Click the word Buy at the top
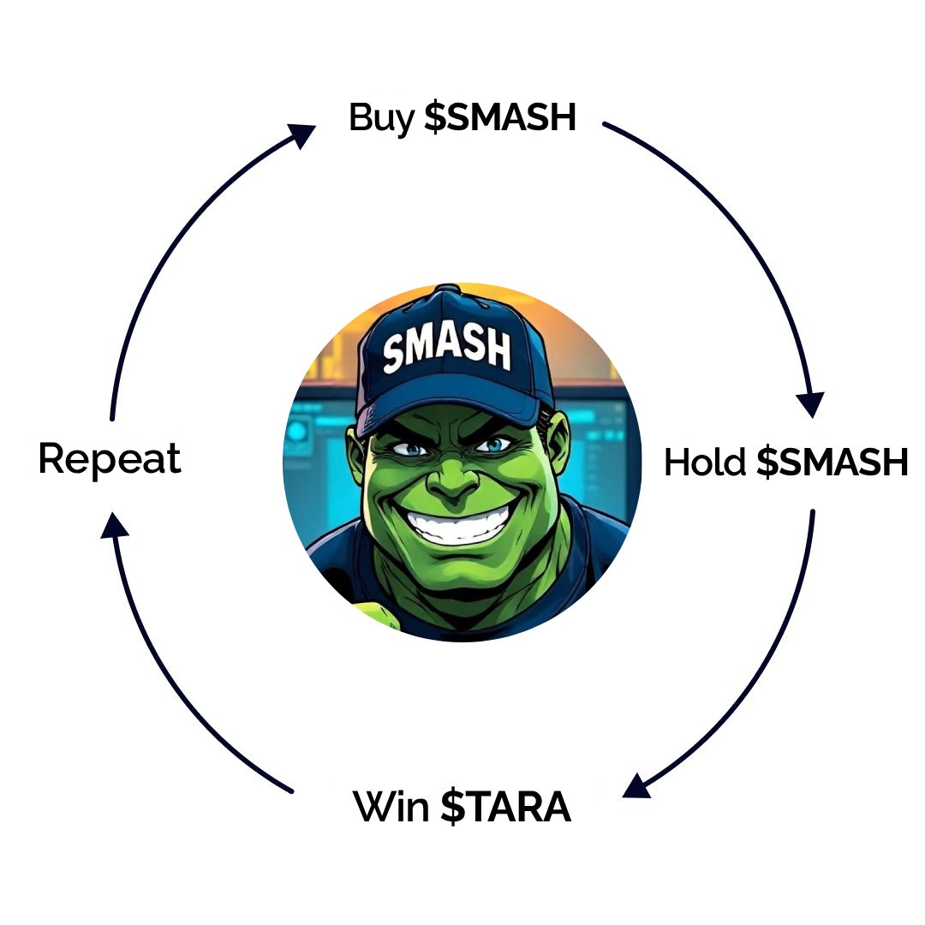pos(381,118)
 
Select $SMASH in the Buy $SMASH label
pos(500,118)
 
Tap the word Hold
pos(705,462)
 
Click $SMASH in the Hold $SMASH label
pos(832,462)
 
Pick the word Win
pos(391,807)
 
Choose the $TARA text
pos(505,807)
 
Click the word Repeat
pos(110,460)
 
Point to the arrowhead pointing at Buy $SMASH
pos(302,133)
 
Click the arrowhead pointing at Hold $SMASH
pos(809,403)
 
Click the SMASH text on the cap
pos(446,346)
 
